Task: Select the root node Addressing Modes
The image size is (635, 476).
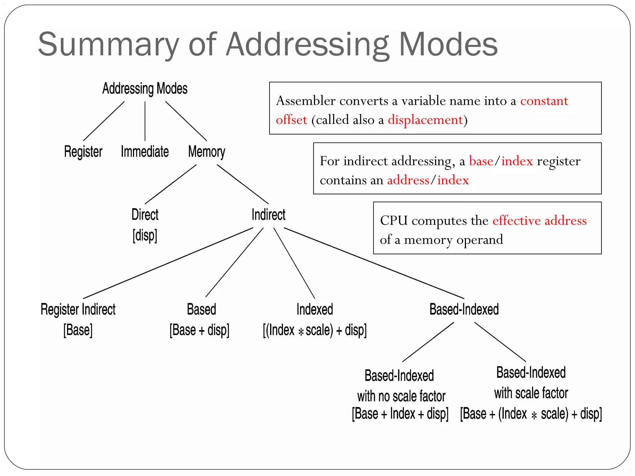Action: click(x=145, y=89)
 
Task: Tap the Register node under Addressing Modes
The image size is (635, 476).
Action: click(x=83, y=152)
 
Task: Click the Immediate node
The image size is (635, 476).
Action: click(x=145, y=152)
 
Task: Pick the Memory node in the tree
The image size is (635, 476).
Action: click(x=206, y=152)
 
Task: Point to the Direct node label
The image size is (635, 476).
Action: click(x=145, y=214)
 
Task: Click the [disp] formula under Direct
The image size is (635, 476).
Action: click(x=145, y=235)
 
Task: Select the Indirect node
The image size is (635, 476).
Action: click(x=268, y=214)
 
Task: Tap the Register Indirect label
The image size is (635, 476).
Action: click(x=78, y=309)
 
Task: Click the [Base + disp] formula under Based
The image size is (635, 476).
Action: click(x=199, y=330)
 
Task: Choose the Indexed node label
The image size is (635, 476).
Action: click(x=314, y=309)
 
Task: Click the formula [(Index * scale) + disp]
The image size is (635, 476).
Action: click(x=314, y=330)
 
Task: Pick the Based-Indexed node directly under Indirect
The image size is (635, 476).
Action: click(x=464, y=309)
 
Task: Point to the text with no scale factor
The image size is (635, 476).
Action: click(x=401, y=396)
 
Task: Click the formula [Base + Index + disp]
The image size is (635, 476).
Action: click(x=400, y=414)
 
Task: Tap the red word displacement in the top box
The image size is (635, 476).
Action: click(x=425, y=120)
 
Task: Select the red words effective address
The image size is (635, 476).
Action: click(x=539, y=220)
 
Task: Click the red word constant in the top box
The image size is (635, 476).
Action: click(x=544, y=101)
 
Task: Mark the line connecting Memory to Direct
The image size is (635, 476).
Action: click(x=171, y=184)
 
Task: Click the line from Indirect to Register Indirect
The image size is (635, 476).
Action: click(x=168, y=263)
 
